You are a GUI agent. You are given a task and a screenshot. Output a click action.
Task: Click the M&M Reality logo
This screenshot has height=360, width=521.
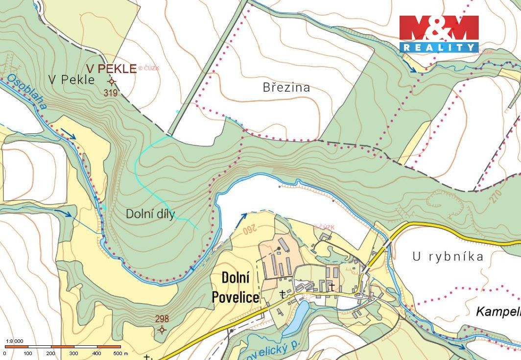[439, 33]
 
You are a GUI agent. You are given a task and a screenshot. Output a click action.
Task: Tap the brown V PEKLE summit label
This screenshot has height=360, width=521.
[112, 69]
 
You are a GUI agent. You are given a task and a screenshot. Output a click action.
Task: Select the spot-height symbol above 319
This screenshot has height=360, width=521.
[112, 81]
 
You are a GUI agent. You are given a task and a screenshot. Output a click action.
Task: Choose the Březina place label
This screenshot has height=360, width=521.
[286, 88]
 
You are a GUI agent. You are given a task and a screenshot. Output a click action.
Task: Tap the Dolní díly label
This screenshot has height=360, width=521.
[150, 214]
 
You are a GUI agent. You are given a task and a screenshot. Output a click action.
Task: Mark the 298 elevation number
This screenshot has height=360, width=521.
[162, 319]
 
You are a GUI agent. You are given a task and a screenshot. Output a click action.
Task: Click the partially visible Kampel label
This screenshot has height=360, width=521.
[498, 311]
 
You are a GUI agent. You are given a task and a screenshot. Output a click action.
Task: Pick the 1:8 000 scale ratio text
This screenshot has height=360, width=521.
[14, 341]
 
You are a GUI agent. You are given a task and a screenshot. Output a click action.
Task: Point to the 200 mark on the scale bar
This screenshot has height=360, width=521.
[51, 353]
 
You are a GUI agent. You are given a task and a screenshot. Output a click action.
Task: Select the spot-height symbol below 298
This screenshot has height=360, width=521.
[162, 330]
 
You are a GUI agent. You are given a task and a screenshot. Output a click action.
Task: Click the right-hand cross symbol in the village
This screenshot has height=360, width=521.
[332, 286]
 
